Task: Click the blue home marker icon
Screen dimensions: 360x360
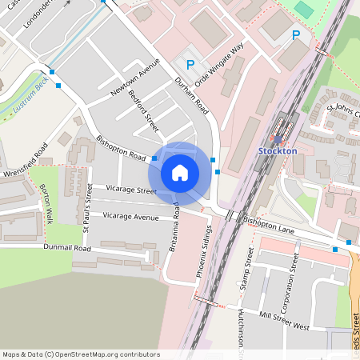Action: (x=179, y=172)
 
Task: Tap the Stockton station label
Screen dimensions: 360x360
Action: (x=278, y=150)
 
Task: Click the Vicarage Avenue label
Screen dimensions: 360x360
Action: (x=130, y=217)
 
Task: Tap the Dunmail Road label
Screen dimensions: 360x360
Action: (x=68, y=248)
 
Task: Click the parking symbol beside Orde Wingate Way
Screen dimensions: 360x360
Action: (x=190, y=64)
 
